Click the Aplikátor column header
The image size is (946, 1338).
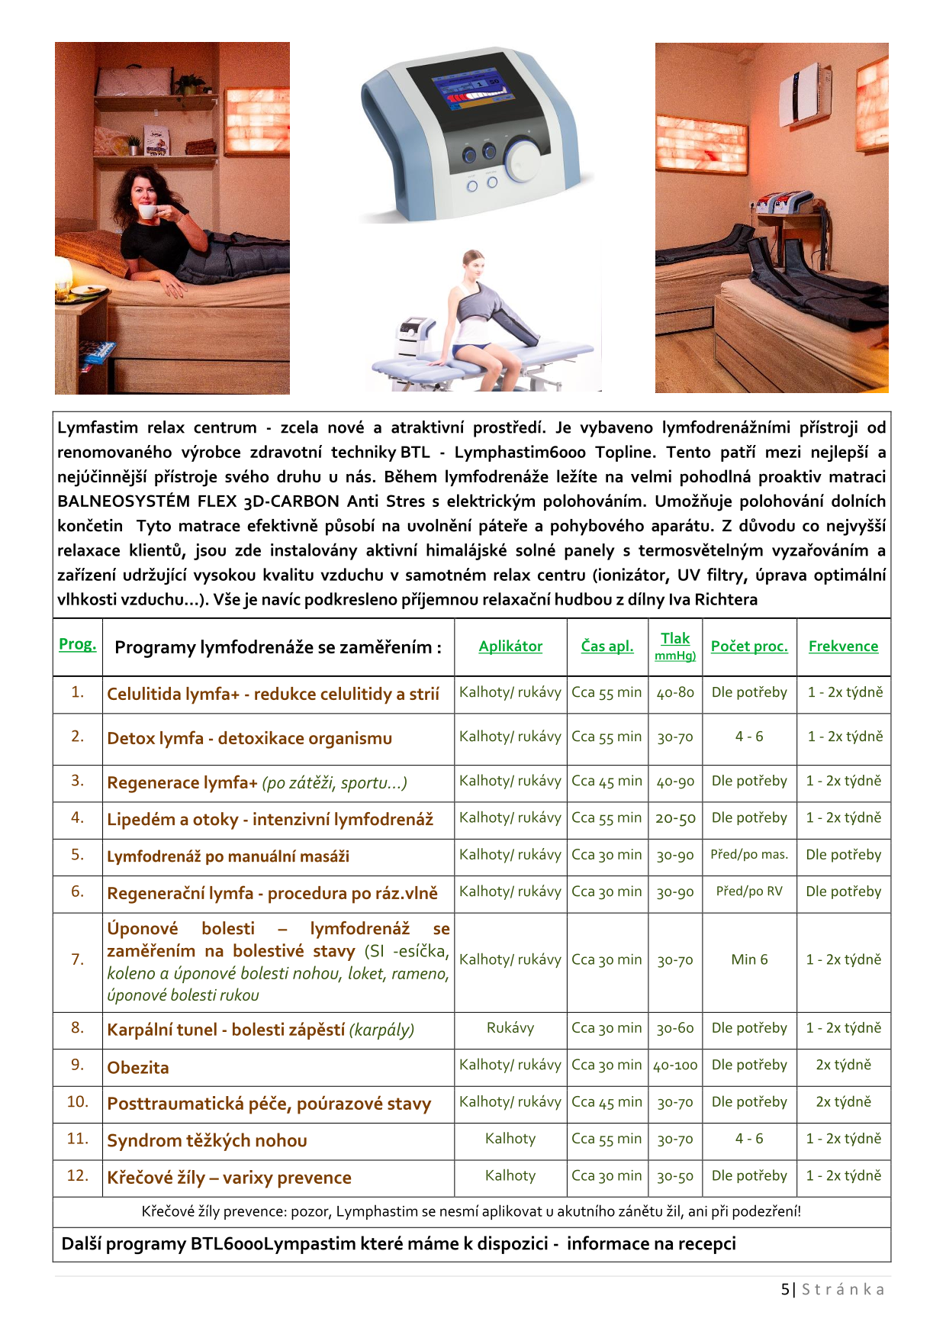510,646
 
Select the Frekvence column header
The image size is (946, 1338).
843,646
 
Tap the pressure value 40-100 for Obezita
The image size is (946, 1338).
675,1066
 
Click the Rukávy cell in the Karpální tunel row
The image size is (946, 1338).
510,1028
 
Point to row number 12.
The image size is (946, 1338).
78,1175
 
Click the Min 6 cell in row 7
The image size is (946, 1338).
749,959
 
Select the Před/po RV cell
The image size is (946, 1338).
749,891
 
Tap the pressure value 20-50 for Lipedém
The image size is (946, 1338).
675,818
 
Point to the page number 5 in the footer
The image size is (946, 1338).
785,1289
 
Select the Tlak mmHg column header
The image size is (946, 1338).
675,646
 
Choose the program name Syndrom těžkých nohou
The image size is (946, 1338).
208,1140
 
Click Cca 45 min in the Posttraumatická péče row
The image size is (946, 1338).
607,1102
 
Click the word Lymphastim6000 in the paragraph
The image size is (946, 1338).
520,453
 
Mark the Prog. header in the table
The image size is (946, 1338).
78,644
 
